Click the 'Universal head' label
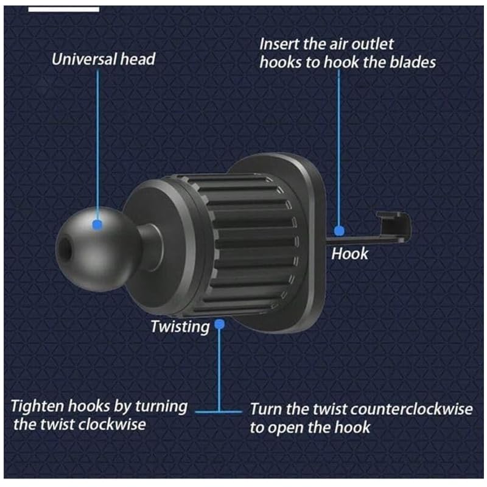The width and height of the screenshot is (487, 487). pyautogui.click(x=103, y=60)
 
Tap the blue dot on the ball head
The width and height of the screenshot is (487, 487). pyautogui.click(x=96, y=225)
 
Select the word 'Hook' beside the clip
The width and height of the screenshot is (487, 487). pyautogui.click(x=349, y=253)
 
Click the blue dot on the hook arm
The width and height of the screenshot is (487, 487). pyautogui.click(x=340, y=231)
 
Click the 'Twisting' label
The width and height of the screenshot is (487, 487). pyautogui.click(x=180, y=326)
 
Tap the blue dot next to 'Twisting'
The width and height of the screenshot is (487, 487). pyautogui.click(x=220, y=325)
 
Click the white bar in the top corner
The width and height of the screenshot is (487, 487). pyautogui.click(x=63, y=9)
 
